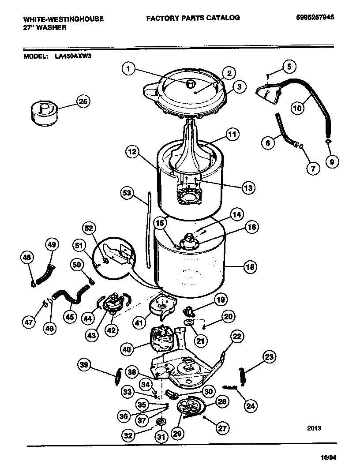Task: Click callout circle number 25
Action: [82, 101]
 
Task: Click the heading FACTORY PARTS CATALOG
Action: [193, 18]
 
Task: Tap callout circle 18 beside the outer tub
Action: [250, 267]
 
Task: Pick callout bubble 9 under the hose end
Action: [331, 161]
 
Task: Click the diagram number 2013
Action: [313, 428]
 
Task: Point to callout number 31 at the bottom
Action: [161, 437]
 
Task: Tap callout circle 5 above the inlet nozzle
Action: [289, 67]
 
